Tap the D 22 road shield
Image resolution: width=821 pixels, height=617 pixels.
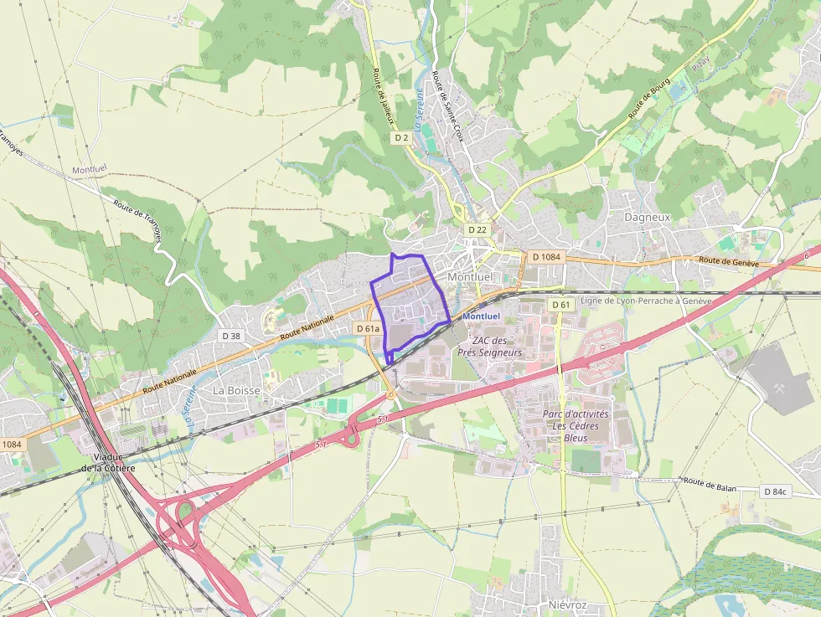click(478, 229)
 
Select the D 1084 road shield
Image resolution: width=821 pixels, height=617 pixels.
click(545, 257)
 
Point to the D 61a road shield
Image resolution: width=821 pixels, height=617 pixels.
click(369, 329)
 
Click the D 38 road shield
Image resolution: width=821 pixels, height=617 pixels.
click(231, 335)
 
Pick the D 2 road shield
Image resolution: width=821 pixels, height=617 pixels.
click(401, 138)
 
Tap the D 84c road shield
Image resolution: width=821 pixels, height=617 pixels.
click(776, 491)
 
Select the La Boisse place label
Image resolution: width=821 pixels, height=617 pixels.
click(237, 390)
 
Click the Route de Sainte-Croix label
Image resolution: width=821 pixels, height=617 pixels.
click(447, 105)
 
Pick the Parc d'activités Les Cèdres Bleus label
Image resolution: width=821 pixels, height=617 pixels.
click(576, 425)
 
